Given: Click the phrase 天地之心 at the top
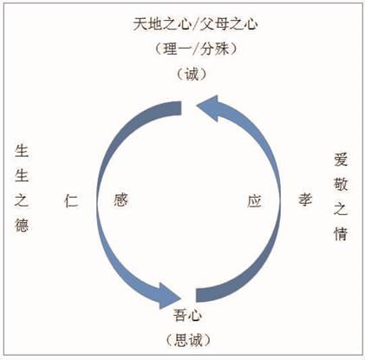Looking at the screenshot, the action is coord(162,24).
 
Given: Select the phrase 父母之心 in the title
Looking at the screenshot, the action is coord(228,24).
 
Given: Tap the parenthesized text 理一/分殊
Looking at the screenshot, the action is coord(196,49).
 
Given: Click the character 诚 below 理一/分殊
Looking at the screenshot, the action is coord(192,74).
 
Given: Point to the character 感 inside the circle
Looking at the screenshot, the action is coord(121,200).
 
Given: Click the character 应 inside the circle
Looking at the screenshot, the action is coord(254,200).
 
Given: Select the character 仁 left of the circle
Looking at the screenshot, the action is coord(71,200).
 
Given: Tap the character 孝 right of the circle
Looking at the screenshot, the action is coord(305,200).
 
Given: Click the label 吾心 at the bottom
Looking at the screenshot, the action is coord(187,315).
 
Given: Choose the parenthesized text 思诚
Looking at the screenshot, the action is coord(188,340).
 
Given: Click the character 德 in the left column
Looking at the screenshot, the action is coord(22,225).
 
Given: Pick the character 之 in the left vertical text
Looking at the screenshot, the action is coord(22,200).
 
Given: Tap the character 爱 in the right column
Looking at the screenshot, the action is coord(341,160).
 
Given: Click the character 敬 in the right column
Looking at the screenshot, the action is coord(341,184).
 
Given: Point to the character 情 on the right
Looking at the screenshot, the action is coord(341,233).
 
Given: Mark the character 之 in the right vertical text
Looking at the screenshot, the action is coord(341,209).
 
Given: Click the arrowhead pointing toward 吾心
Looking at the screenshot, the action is coord(168,296).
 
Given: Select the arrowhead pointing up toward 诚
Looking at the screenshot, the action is coord(209,108).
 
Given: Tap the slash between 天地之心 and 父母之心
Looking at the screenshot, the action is coord(196,24).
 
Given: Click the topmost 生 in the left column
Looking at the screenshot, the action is coord(22,151).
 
